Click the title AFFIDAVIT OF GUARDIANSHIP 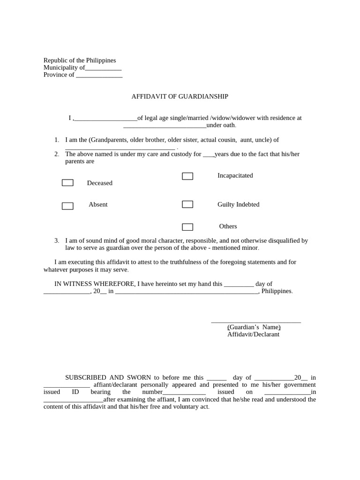180,97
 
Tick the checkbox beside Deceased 67,183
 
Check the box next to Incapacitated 187,176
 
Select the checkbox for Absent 67,206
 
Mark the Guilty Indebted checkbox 187,204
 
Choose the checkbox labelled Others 187,227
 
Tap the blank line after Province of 99,75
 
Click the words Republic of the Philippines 80,60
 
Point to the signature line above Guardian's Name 256,322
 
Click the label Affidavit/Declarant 253,334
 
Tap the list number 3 57,240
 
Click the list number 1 57,140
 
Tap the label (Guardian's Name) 254,327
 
